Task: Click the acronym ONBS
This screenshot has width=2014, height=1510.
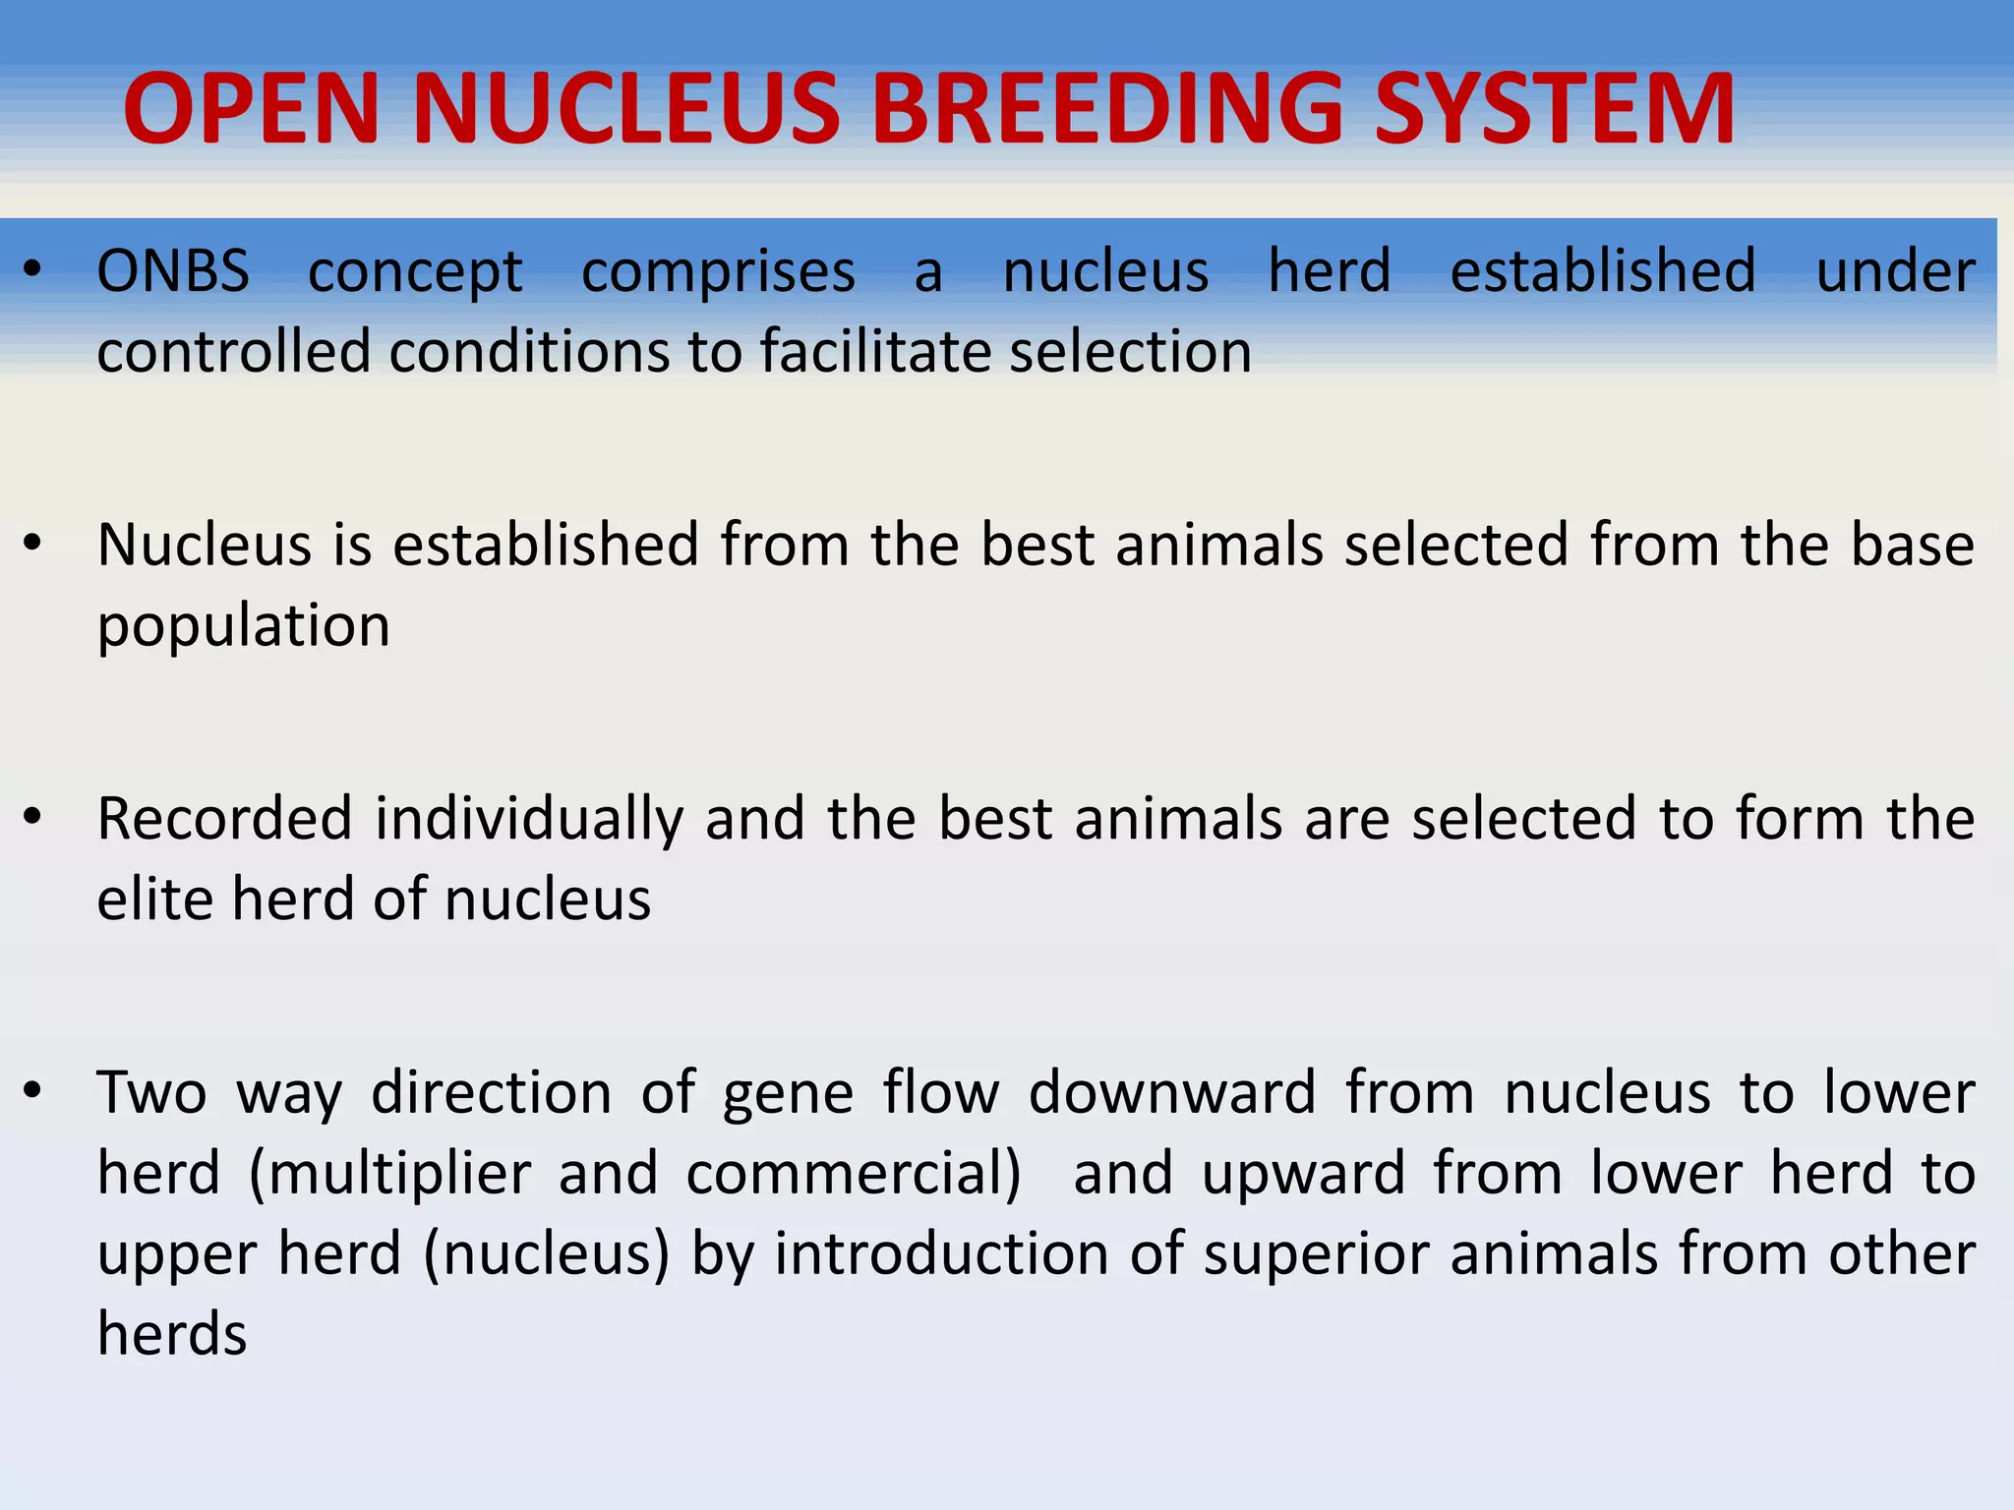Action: [x=173, y=271]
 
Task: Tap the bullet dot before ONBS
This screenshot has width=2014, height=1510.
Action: [x=33, y=268]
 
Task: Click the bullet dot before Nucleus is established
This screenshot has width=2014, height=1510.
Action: [x=33, y=543]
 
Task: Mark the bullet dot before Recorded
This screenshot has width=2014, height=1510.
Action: [x=33, y=816]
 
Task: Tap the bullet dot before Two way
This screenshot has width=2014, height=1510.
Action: [x=33, y=1089]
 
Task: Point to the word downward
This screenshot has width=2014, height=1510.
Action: [x=1172, y=1093]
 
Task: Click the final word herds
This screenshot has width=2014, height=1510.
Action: [x=172, y=1335]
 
